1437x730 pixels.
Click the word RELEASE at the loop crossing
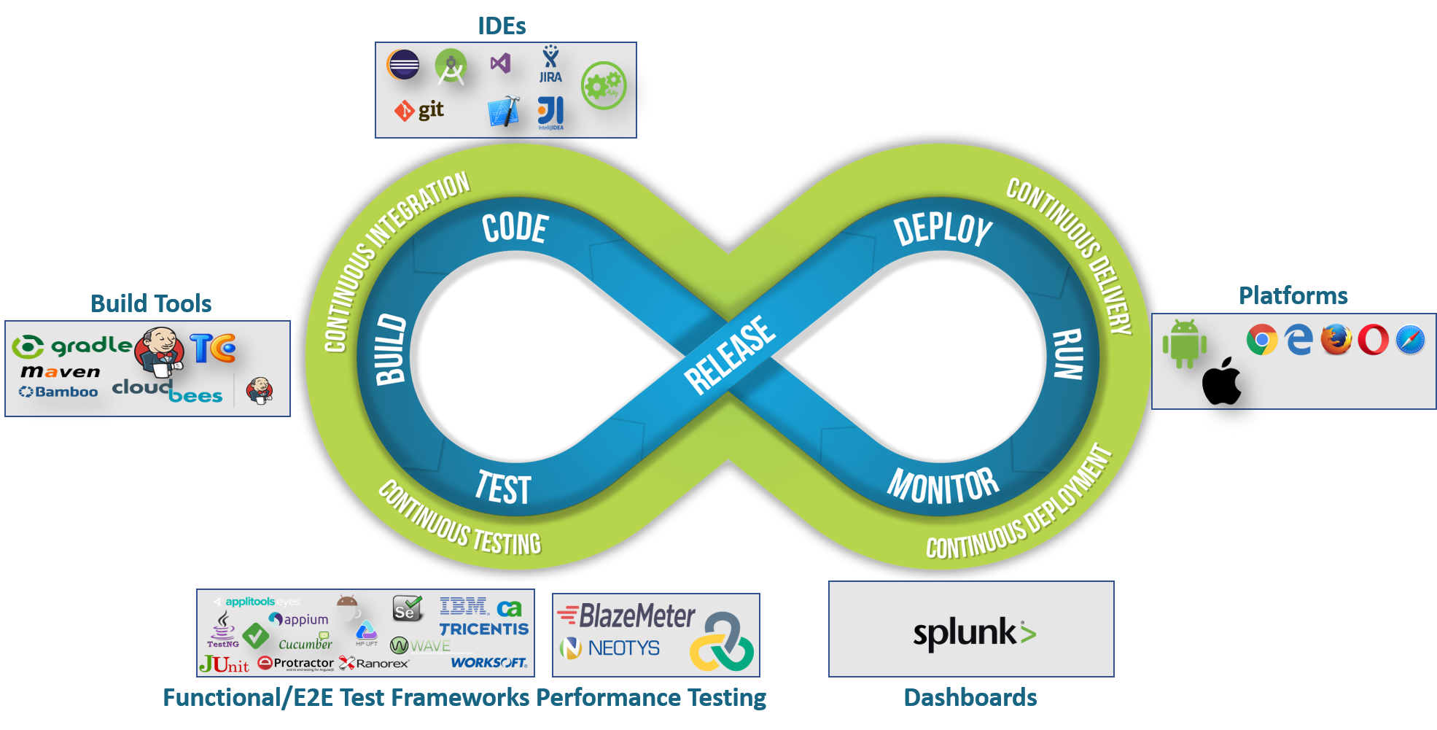(x=729, y=355)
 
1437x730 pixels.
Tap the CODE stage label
(x=515, y=228)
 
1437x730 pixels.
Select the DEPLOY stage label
(x=943, y=230)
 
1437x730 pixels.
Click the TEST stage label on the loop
(x=503, y=488)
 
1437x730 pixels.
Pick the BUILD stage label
(x=391, y=349)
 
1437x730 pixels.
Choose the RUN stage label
(x=1068, y=354)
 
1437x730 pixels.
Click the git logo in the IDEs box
(x=420, y=110)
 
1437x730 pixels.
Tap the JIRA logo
(x=550, y=65)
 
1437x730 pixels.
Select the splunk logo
(x=974, y=632)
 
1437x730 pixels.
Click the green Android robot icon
(x=1184, y=343)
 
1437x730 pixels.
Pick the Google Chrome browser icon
(x=1262, y=340)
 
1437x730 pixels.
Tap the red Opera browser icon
(x=1373, y=340)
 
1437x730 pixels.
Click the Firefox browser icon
(x=1336, y=340)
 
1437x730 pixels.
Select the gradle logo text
(x=91, y=345)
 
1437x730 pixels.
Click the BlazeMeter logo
(x=627, y=616)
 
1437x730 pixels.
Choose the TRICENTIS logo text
(x=483, y=629)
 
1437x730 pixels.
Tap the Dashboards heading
(x=970, y=697)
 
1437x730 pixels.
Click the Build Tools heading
(x=151, y=303)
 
